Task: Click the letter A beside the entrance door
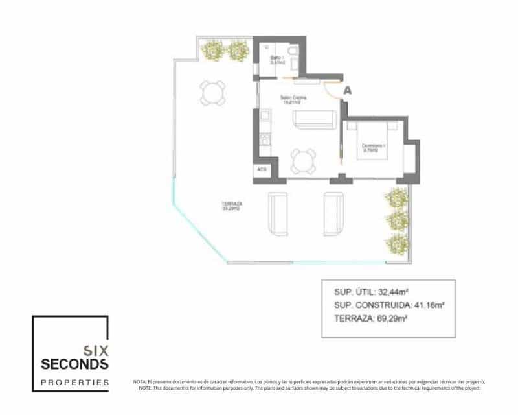348,92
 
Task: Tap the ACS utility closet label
262,169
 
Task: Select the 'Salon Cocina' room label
293,99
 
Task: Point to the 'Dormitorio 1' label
374,147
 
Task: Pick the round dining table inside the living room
303,160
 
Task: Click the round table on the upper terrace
213,93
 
